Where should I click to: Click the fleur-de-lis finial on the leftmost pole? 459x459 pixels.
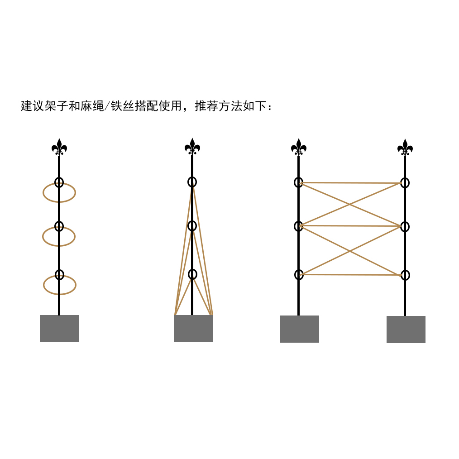pyautogui.click(x=59, y=147)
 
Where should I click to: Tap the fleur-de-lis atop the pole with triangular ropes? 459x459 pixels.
pyautogui.click(x=192, y=147)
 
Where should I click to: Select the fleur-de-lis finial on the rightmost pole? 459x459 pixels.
pyautogui.click(x=405, y=148)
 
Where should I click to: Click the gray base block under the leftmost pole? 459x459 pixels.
pyautogui.click(x=59, y=329)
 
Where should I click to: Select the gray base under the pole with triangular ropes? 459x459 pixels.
pyautogui.click(x=193, y=329)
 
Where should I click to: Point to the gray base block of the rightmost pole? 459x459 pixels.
pyautogui.click(x=406, y=330)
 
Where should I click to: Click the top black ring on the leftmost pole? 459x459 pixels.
pyautogui.click(x=59, y=182)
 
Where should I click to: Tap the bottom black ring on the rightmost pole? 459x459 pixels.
pyautogui.click(x=405, y=275)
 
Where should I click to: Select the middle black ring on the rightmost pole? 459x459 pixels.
pyautogui.click(x=405, y=226)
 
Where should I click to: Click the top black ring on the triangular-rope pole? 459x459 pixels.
pyautogui.click(x=192, y=182)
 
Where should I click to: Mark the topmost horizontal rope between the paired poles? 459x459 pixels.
pyautogui.click(x=351, y=183)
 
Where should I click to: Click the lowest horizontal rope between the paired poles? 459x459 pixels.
pyautogui.click(x=351, y=275)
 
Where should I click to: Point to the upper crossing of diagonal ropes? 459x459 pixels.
pyautogui.click(x=350, y=205)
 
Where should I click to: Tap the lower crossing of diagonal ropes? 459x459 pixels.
pyautogui.click(x=350, y=250)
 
